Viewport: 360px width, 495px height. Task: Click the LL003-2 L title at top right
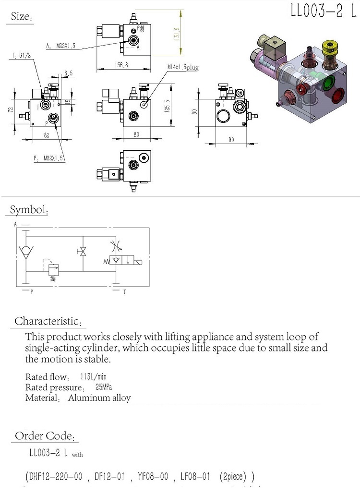click(323, 12)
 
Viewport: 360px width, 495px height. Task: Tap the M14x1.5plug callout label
click(182, 68)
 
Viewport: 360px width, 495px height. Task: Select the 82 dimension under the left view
click(47, 136)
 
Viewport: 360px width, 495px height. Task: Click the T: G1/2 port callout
click(22, 56)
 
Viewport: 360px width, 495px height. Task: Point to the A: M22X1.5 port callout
click(61, 46)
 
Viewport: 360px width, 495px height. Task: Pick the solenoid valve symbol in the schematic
click(126, 260)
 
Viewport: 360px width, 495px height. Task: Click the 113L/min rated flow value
click(93, 376)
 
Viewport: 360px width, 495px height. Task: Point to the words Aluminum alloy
click(99, 398)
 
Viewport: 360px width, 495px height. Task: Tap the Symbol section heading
click(29, 210)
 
